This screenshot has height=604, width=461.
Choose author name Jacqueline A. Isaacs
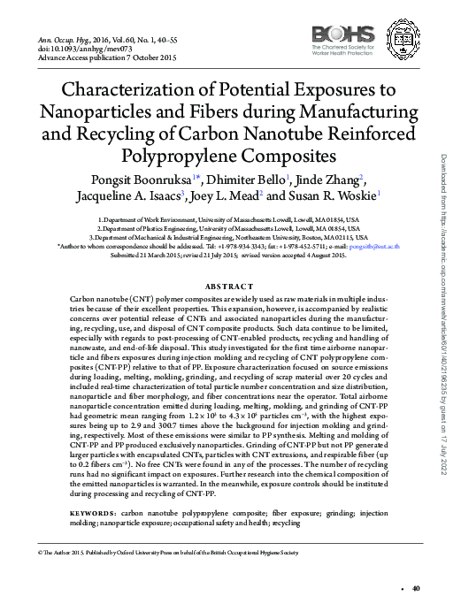[127, 196]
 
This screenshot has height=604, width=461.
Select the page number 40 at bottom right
[417, 589]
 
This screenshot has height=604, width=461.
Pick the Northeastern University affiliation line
[229, 237]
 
